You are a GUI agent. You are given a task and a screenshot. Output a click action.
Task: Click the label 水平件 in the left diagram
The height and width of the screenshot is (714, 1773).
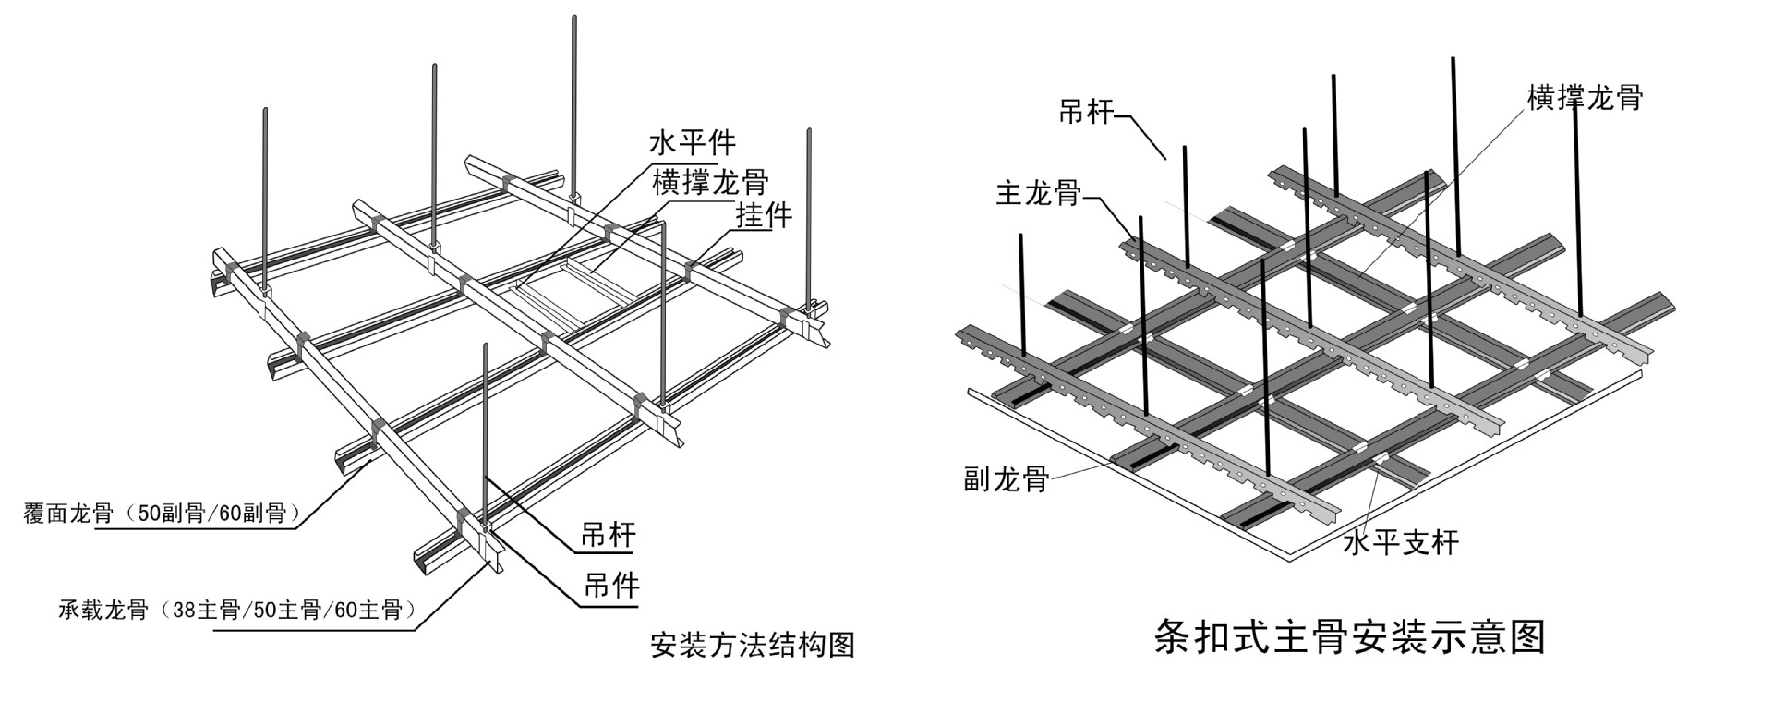(x=694, y=143)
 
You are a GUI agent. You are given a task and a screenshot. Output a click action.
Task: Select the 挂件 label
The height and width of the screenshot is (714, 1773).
(x=764, y=215)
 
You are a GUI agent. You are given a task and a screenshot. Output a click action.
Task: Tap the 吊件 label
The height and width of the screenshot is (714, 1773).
(x=610, y=585)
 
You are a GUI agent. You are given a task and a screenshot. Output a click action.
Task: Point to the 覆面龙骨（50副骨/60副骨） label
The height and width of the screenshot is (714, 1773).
(x=162, y=514)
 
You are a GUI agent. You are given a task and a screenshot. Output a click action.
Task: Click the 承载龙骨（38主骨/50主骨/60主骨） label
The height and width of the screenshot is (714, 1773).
(x=235, y=611)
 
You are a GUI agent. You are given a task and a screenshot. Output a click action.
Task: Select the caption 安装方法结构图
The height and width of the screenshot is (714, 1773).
(x=753, y=645)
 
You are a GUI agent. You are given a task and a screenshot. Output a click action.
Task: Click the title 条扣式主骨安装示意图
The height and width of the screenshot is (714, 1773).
(x=1349, y=638)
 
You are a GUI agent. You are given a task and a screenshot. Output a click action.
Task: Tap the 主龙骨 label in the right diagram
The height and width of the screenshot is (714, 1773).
(x=1038, y=193)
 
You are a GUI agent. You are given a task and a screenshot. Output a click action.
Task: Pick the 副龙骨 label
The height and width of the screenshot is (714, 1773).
(x=1007, y=478)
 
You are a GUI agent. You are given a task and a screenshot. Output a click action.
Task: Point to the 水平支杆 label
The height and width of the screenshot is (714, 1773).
(x=1401, y=542)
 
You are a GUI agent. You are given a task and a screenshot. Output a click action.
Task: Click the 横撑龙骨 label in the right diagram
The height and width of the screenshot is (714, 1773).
(x=1585, y=98)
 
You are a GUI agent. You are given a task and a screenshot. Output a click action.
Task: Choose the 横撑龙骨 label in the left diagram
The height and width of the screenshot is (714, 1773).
(x=710, y=180)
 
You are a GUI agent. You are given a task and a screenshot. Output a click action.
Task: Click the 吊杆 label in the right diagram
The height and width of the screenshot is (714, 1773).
(x=1086, y=113)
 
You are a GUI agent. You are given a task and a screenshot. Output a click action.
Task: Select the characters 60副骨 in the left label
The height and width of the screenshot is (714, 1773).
(x=251, y=514)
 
